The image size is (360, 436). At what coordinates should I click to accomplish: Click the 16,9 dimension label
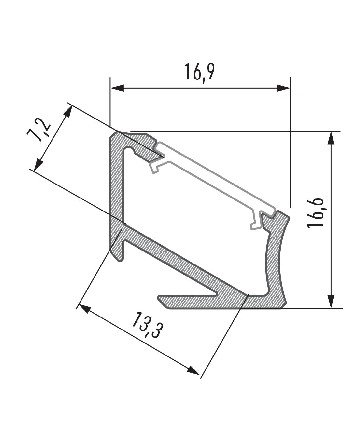click(x=199, y=71)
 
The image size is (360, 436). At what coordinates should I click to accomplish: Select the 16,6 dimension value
click(x=315, y=213)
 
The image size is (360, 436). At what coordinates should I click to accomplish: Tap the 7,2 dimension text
click(x=40, y=130)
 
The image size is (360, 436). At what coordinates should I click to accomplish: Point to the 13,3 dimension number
click(x=146, y=325)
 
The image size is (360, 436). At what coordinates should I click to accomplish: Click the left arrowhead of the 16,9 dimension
click(x=117, y=88)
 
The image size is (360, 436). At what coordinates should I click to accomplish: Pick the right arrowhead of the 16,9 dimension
click(x=283, y=88)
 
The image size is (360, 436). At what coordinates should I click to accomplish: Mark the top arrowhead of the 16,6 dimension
click(x=331, y=138)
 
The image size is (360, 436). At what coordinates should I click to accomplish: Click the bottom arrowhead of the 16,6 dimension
click(x=331, y=301)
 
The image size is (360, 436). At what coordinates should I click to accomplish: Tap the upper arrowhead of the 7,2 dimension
click(x=68, y=112)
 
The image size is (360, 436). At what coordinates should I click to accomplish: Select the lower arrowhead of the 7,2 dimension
click(x=39, y=163)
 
